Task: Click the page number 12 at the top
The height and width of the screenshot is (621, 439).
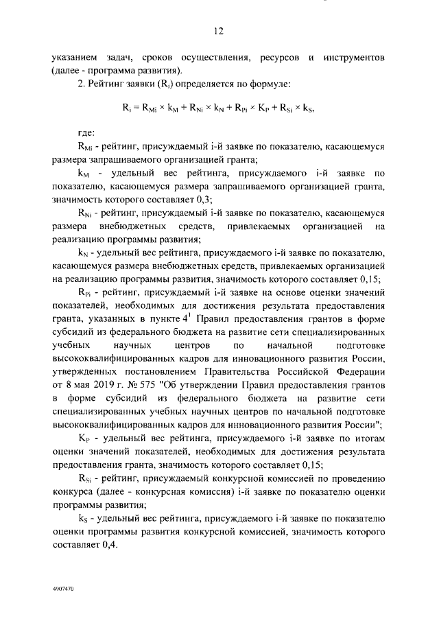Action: (x=218, y=31)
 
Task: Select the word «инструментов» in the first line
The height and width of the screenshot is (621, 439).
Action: (x=354, y=57)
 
